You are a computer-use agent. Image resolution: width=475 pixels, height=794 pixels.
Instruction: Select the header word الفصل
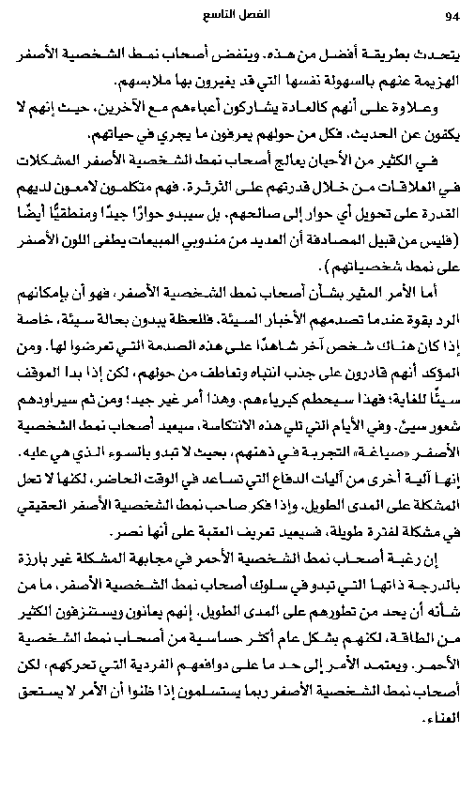coord(258,16)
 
